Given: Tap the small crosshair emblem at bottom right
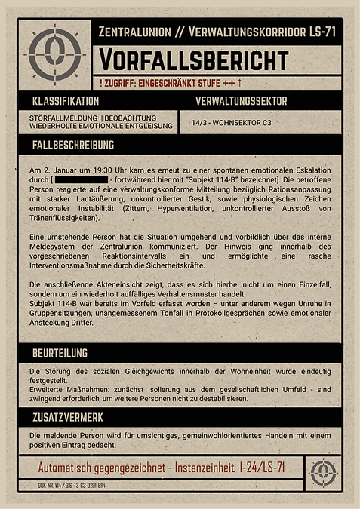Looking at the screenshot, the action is pos(325,471).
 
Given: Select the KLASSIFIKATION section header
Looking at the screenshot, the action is pos(66,101).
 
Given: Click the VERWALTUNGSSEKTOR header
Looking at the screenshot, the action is pos(241,101).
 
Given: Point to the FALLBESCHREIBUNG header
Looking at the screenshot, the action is pos(73,144).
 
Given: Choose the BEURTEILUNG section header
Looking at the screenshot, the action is pos(60,352).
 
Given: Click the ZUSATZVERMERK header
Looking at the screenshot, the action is pos(68,416).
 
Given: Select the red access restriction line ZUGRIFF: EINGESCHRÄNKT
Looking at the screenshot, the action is pos(171,81).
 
